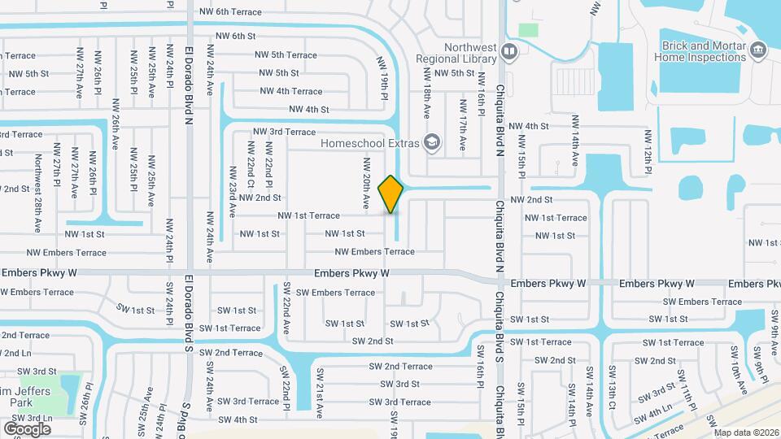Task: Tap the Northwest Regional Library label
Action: pyautogui.click(x=456, y=53)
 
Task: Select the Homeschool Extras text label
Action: pyautogui.click(x=370, y=143)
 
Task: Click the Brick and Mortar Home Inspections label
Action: pyautogui.click(x=704, y=52)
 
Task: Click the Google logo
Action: pyautogui.click(x=27, y=428)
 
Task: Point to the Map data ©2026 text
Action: pyautogui.click(x=747, y=432)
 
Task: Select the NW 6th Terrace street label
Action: pyautogui.click(x=230, y=12)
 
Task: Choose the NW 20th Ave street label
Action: pyautogui.click(x=367, y=180)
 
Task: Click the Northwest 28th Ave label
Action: pyautogui.click(x=37, y=180)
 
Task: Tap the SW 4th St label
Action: pyautogui.click(x=237, y=419)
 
